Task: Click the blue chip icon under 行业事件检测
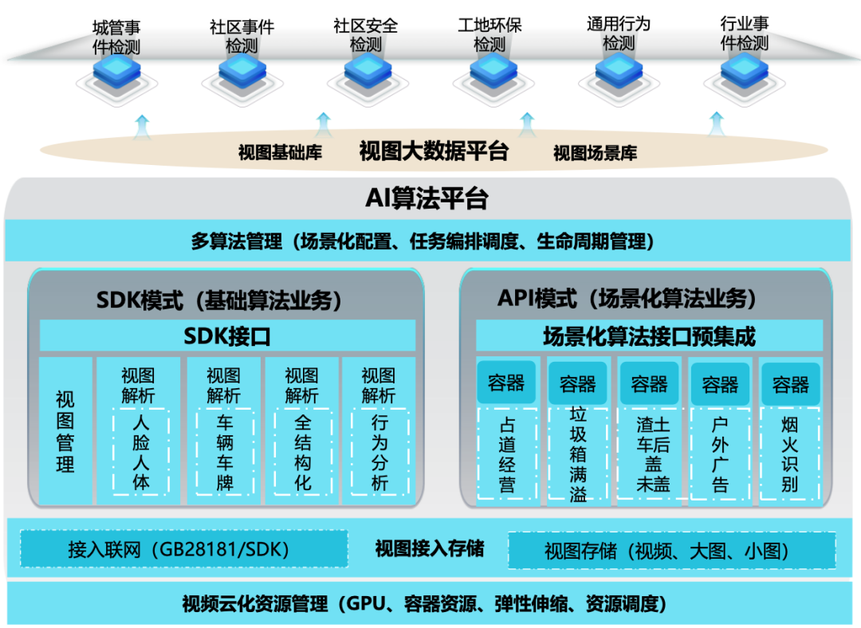click(742, 73)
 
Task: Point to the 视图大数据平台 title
click(434, 151)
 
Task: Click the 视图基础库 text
click(280, 153)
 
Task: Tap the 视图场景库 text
click(596, 153)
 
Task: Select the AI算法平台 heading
click(427, 198)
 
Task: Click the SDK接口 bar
click(227, 336)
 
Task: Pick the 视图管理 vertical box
click(65, 430)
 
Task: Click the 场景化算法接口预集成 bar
click(648, 336)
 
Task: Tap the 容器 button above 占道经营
click(507, 383)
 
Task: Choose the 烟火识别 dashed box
click(790, 455)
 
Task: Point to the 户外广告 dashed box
click(720, 455)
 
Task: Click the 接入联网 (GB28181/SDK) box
click(184, 549)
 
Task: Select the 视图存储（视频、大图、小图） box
click(671, 550)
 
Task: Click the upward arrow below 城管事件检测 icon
click(142, 126)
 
